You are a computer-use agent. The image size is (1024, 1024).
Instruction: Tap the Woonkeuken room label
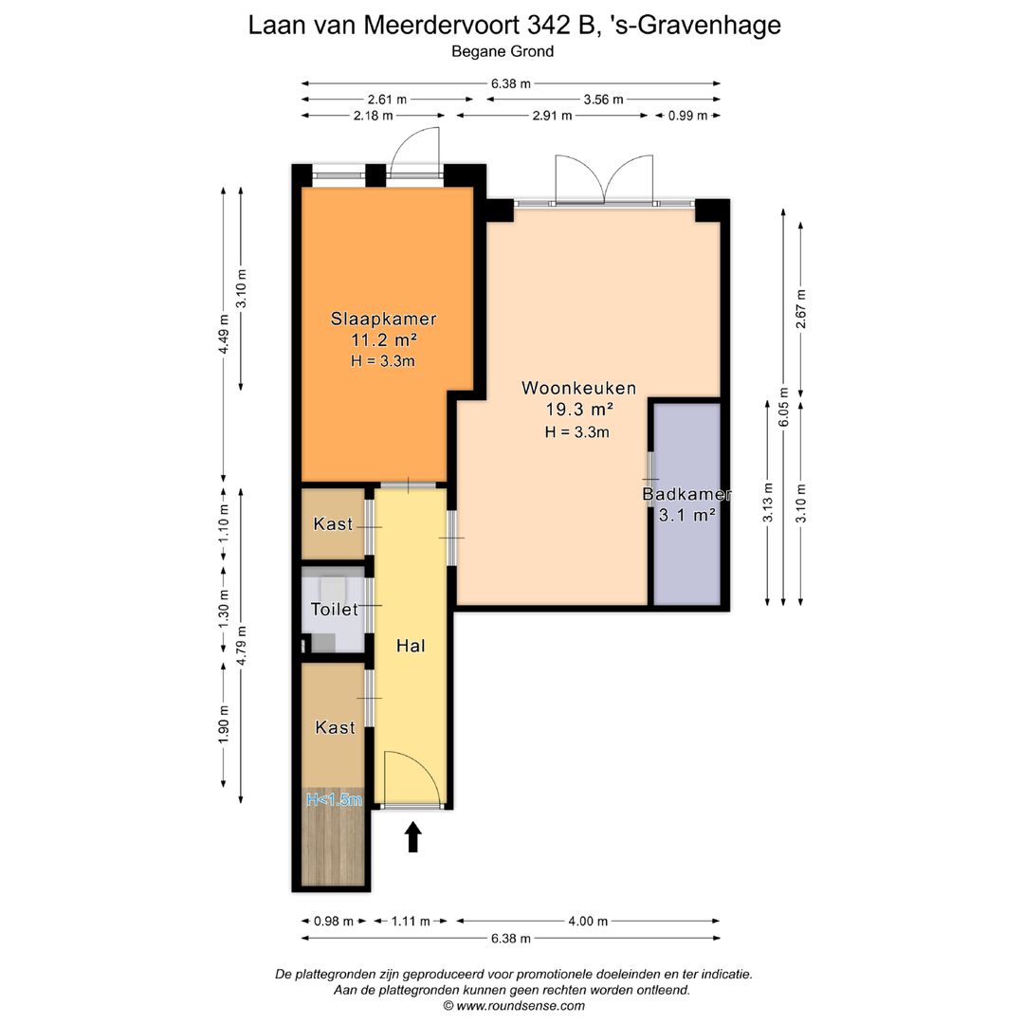click(x=578, y=388)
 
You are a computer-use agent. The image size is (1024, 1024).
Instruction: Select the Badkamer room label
click(x=686, y=494)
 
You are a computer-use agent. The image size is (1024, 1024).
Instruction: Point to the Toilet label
click(x=335, y=610)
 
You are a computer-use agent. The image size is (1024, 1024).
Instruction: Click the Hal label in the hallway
click(x=411, y=646)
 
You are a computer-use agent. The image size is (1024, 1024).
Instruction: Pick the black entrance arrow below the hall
click(x=412, y=837)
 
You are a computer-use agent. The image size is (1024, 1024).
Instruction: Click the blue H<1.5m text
click(x=334, y=800)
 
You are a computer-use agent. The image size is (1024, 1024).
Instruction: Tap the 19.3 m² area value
click(x=578, y=410)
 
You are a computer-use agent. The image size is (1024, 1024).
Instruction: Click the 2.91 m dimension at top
click(x=553, y=116)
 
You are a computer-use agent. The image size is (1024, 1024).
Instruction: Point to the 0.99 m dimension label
click(x=688, y=116)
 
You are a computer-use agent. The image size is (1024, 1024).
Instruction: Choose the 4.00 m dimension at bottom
click(x=588, y=921)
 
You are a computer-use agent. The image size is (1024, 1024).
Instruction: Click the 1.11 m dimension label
click(x=411, y=921)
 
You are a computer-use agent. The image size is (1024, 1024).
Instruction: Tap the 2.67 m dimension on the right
click(x=801, y=309)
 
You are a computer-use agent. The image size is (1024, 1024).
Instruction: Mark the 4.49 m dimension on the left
click(x=224, y=335)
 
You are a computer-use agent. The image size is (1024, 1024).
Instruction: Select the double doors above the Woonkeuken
click(x=602, y=180)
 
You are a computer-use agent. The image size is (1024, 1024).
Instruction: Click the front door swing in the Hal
click(x=412, y=777)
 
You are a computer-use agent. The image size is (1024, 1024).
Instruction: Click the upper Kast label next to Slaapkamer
click(x=333, y=524)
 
